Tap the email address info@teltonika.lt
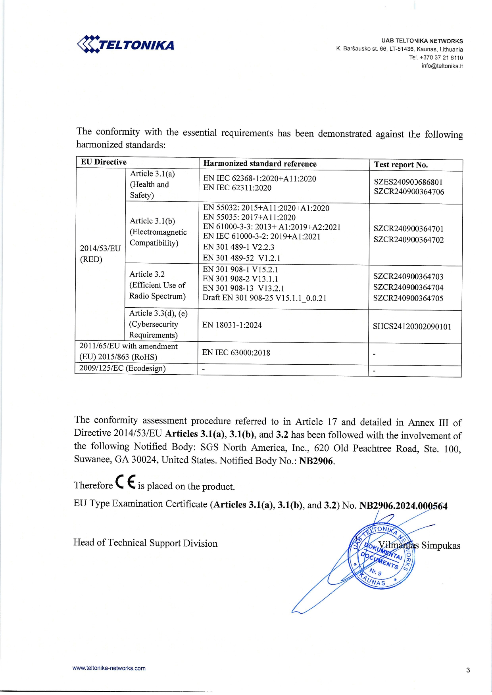point(442,66)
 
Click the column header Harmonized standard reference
point(260,164)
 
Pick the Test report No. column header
point(401,165)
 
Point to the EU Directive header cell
point(104,162)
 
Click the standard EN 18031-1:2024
point(232,325)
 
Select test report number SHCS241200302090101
point(412,327)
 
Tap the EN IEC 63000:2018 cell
point(236,352)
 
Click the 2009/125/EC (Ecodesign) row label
point(122,368)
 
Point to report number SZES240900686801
point(408,182)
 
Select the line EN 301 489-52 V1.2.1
point(242,258)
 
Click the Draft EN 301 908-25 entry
point(264,298)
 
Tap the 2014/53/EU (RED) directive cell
point(100,254)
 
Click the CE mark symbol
point(125,482)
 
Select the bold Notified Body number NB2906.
point(317,461)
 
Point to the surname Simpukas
point(441,546)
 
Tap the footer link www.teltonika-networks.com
point(109,668)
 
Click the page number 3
point(468,670)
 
